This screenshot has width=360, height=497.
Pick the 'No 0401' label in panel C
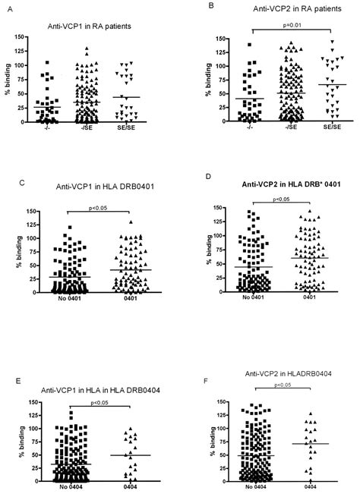(55, 300)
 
